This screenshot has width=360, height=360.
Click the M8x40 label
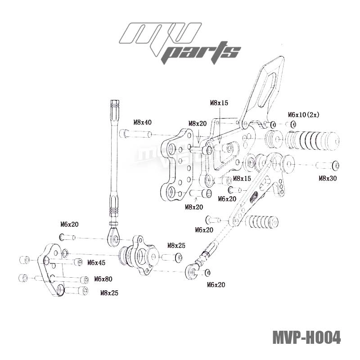coord(142,122)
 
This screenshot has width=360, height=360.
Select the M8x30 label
coord(328,179)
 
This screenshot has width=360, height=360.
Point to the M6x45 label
coord(96,262)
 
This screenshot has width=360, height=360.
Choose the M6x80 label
coord(103,279)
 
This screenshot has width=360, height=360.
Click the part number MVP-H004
coord(306,337)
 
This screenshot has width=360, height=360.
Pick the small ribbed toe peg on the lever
coord(264,222)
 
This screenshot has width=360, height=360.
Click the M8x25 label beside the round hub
coord(176,246)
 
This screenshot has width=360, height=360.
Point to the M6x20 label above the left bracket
coord(69,224)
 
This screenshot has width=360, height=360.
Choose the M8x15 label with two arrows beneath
coord(219,103)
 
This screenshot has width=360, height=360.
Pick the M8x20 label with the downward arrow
coord(197,123)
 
